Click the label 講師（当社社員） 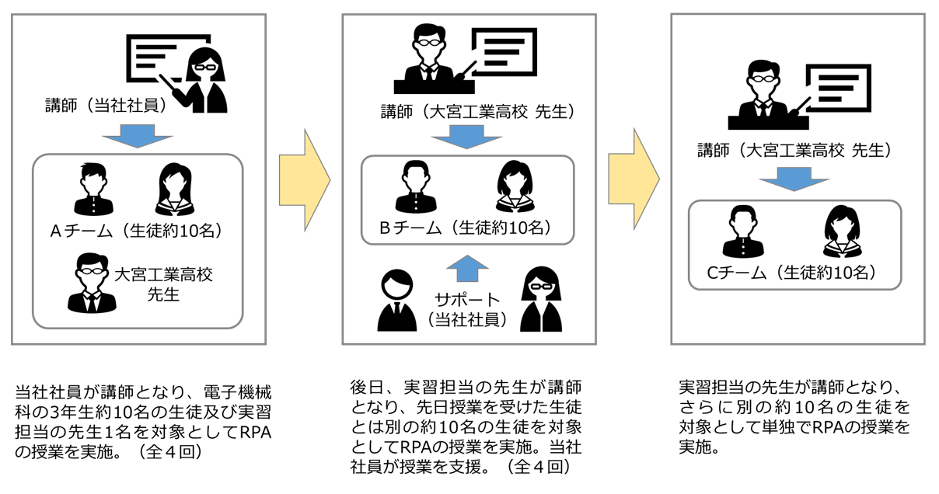click(106, 106)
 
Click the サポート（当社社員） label click(466, 308)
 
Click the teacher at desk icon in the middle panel click(428, 54)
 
